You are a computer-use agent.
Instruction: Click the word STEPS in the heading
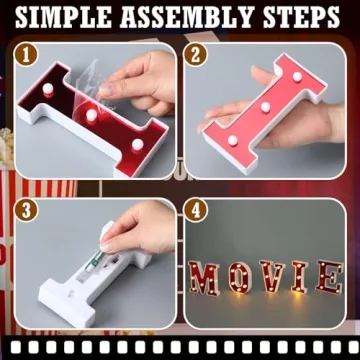pos(296,18)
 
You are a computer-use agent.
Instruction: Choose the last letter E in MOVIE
pos(327,277)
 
